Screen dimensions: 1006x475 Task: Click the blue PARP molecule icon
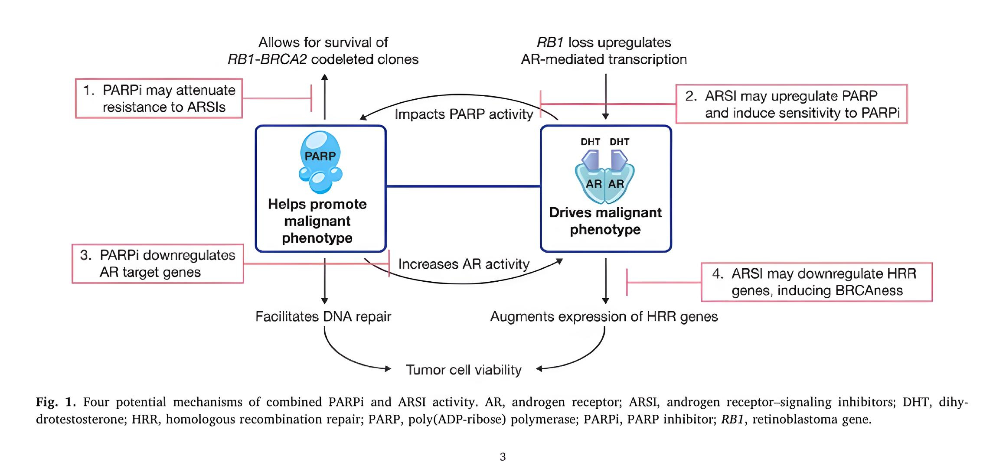(x=320, y=162)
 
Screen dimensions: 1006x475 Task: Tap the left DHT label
(x=590, y=142)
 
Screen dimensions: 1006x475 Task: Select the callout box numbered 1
(x=159, y=98)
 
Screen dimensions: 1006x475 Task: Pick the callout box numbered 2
(x=791, y=104)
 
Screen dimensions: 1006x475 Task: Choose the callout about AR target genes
(x=158, y=264)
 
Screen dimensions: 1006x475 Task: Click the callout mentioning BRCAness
(x=817, y=282)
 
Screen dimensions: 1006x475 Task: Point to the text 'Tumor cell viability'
(x=464, y=370)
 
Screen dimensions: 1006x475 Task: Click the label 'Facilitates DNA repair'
(x=323, y=316)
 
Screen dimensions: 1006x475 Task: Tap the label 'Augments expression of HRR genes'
(x=604, y=316)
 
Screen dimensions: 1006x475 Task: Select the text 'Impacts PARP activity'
(x=464, y=114)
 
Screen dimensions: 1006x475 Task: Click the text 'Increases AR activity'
(x=464, y=264)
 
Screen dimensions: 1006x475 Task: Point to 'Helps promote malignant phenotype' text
(x=317, y=221)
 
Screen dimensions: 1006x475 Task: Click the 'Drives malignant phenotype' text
(x=605, y=221)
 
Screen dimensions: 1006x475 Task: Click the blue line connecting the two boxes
(x=464, y=186)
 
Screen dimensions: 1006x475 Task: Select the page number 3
(x=503, y=457)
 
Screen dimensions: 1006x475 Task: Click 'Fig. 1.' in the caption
(x=56, y=402)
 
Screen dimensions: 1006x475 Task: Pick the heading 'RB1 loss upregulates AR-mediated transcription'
(x=604, y=51)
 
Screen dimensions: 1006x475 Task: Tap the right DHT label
(x=619, y=142)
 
